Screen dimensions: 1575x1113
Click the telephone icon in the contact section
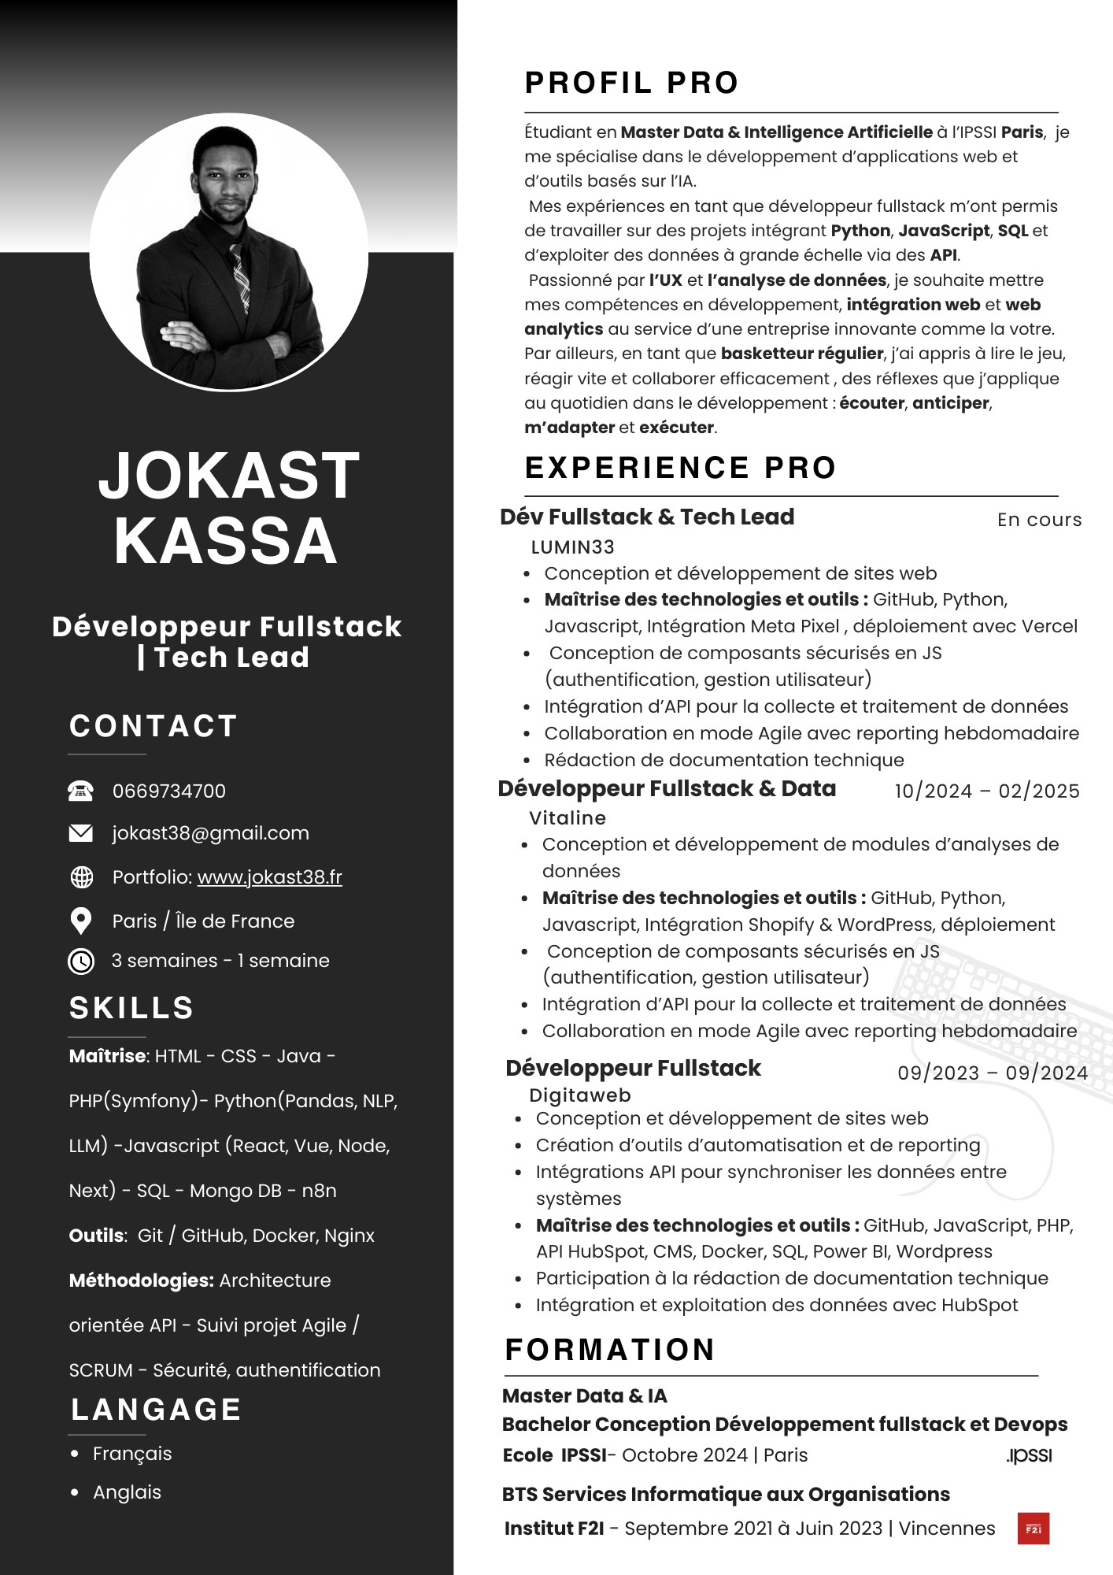click(x=80, y=791)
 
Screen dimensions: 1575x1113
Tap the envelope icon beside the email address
click(x=80, y=833)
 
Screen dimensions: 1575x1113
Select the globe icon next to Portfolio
click(x=81, y=877)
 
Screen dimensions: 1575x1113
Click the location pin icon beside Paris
click(x=80, y=921)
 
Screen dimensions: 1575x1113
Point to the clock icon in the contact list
click(x=81, y=961)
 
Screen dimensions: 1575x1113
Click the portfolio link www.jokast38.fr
click(x=269, y=877)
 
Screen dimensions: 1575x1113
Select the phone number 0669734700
click(x=169, y=791)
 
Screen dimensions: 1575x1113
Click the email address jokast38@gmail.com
click(x=210, y=833)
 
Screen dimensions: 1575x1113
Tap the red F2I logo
click(x=1033, y=1529)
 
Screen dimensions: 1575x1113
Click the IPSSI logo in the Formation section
click(x=1029, y=1455)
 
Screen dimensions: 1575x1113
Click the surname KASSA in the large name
click(x=226, y=541)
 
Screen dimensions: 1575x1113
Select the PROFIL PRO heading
click(x=631, y=83)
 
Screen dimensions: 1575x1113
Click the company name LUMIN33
click(x=572, y=547)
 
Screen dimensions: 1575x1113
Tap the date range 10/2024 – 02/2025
click(x=987, y=791)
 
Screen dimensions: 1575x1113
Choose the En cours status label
click(x=1039, y=520)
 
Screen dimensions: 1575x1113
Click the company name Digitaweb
click(x=580, y=1095)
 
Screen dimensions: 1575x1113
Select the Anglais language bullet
click(x=127, y=1492)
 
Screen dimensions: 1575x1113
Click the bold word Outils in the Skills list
click(x=97, y=1236)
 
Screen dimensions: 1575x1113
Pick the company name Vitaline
click(x=568, y=818)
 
